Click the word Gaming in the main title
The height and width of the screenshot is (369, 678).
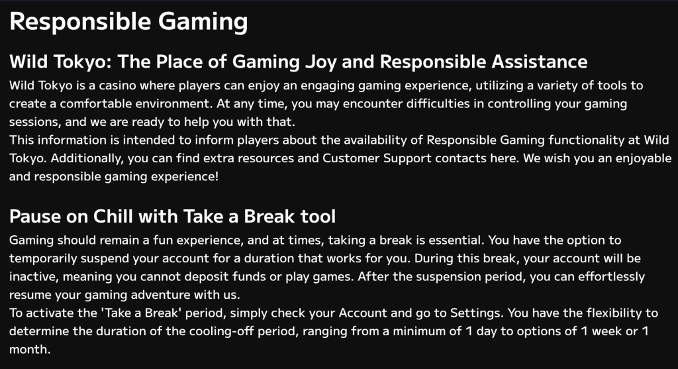(x=203, y=22)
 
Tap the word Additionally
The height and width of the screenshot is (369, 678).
(x=87, y=158)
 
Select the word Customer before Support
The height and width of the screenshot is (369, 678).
(x=351, y=158)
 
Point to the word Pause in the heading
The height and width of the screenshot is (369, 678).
(x=35, y=216)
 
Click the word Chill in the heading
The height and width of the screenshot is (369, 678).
(x=113, y=216)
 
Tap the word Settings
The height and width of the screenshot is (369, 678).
(x=475, y=313)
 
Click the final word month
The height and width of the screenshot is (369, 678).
(x=30, y=350)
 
